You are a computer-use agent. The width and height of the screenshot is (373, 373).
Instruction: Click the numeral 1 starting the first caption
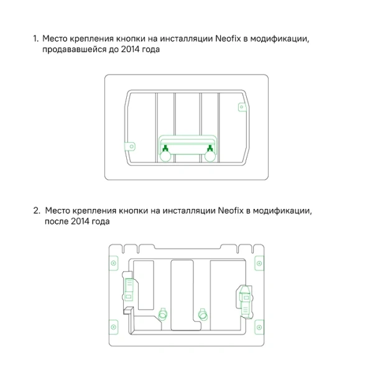click(x=35, y=39)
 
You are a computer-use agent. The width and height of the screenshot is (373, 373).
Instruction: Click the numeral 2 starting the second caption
click(x=36, y=211)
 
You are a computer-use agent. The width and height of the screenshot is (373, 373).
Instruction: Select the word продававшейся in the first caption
click(x=74, y=50)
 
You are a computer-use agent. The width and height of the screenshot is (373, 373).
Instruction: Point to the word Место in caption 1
click(x=56, y=39)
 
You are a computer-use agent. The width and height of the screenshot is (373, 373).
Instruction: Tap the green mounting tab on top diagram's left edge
click(x=131, y=147)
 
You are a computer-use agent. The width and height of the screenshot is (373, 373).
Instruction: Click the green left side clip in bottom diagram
click(x=128, y=289)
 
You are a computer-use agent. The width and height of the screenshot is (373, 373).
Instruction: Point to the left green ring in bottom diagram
click(x=164, y=315)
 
